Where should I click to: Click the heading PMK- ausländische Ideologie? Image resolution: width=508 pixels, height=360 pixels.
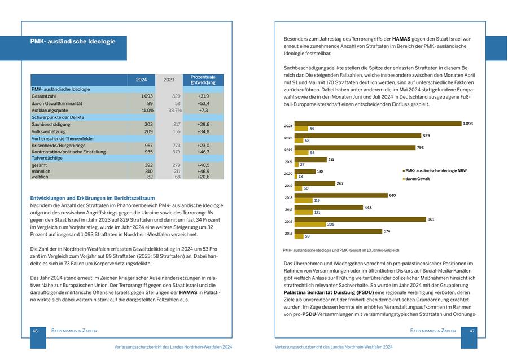point(73,42)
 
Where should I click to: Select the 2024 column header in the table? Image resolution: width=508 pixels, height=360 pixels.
point(141,80)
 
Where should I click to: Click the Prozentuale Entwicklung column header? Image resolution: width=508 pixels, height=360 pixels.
point(203,80)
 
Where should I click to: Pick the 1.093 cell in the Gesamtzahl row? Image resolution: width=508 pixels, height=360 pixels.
point(146,96)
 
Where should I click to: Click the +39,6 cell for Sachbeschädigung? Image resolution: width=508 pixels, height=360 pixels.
point(203,124)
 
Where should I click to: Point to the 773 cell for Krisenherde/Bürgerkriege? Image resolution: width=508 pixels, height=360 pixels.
point(176,146)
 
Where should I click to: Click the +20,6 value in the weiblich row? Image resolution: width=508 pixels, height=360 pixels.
point(203,177)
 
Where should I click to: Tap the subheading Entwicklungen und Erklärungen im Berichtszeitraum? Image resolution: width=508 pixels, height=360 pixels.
point(92,198)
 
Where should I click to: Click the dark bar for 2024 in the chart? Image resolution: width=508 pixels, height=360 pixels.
point(377,124)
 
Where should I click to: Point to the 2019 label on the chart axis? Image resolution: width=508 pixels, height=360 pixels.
point(288,186)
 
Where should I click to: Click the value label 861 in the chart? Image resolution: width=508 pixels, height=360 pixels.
point(431,219)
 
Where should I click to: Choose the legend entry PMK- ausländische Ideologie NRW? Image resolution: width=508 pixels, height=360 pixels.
point(436,170)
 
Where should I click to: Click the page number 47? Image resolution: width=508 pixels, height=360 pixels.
point(472,331)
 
